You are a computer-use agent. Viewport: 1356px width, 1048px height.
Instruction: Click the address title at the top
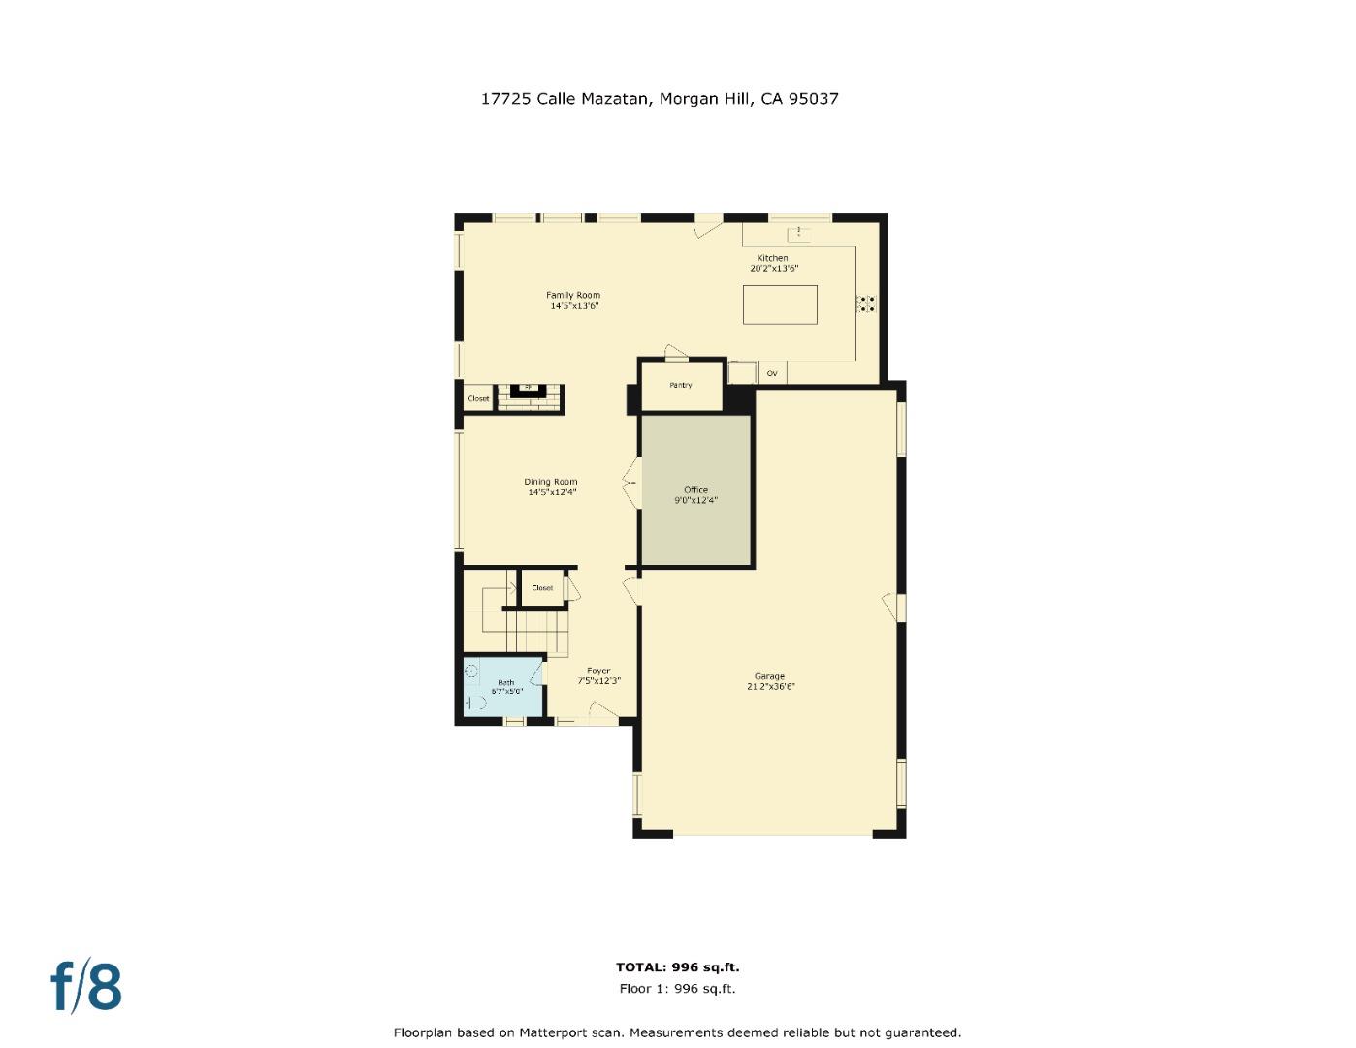pos(660,98)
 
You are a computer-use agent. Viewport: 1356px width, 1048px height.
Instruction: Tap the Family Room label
pos(572,295)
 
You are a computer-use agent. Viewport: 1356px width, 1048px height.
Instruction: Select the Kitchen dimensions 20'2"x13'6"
pos(773,268)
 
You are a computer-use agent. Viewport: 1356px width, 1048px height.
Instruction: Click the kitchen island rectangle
pos(780,305)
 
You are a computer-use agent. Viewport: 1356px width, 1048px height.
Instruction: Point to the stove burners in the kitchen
pos(865,304)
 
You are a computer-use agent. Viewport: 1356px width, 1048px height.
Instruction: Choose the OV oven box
pos(772,373)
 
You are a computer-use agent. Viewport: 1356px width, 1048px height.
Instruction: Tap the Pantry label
pos(681,385)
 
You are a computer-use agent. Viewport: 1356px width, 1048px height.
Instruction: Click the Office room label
pos(695,490)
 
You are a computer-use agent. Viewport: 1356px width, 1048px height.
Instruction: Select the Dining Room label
pos(551,482)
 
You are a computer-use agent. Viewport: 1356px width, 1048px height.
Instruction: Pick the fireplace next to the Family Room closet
pos(529,392)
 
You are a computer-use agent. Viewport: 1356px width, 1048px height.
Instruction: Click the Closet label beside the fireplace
pos(478,398)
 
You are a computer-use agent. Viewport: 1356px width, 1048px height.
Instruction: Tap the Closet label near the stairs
pos(542,588)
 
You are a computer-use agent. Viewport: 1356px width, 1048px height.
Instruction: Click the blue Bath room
pos(504,687)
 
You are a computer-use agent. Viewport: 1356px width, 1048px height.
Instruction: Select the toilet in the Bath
pos(475,704)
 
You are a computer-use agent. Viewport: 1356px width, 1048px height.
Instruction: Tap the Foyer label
pos(598,671)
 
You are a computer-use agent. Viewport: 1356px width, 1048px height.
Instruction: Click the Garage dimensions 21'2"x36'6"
pos(769,687)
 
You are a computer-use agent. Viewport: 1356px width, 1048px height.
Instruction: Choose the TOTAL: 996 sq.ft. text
pos(677,966)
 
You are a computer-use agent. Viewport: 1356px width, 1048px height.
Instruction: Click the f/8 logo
pos(86,986)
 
